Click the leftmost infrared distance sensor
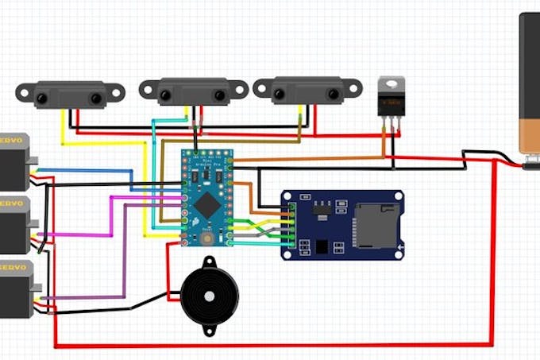click(69, 95)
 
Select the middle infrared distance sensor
click(194, 91)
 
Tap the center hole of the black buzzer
click(208, 296)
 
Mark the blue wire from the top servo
click(87, 170)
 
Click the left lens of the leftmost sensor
click(41, 98)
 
